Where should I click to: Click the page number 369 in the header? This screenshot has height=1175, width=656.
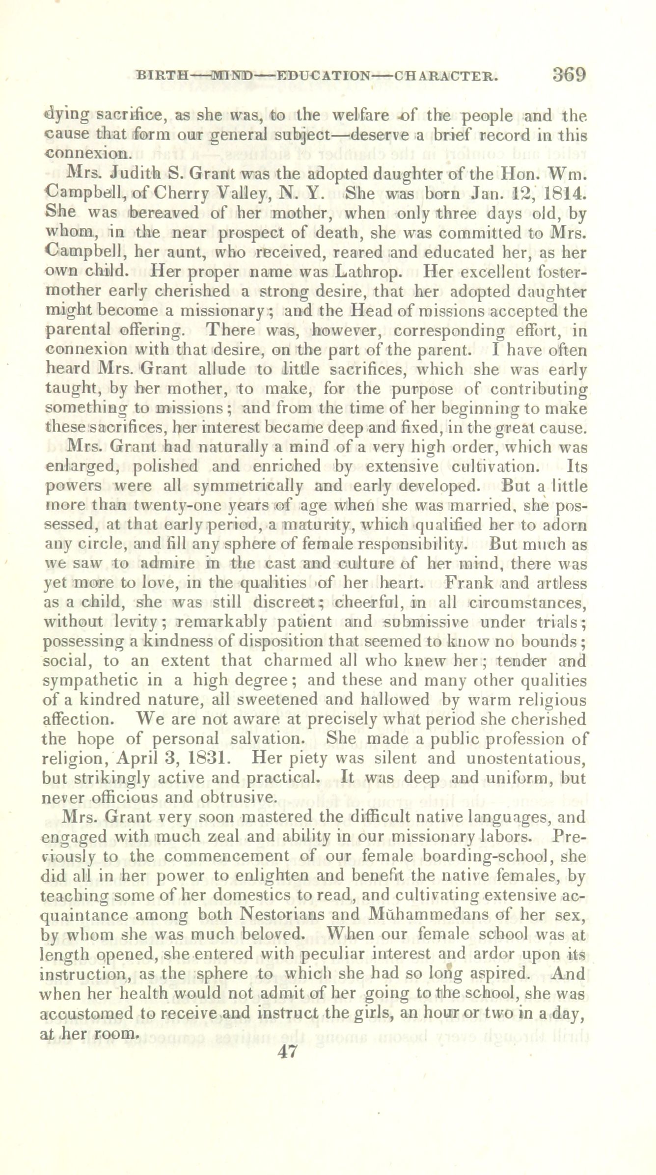pyautogui.click(x=569, y=75)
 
